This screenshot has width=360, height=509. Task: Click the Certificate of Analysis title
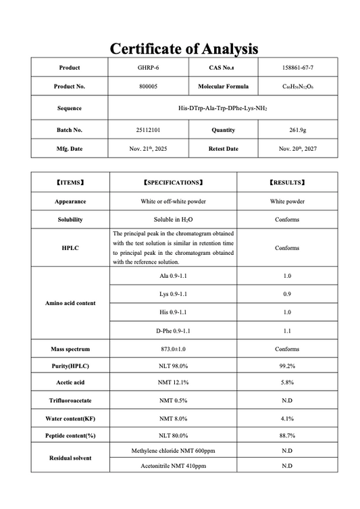coord(184,49)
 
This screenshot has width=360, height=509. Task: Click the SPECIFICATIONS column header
coord(173,183)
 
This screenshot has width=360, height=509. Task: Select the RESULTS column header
coord(287,183)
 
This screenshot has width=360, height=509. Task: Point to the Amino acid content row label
coord(70,304)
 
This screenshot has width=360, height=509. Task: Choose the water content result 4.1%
coord(287,419)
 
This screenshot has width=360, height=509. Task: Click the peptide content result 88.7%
coord(287,436)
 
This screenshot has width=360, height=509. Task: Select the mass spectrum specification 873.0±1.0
coord(173,349)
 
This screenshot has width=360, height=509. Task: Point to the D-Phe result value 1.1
coord(287,331)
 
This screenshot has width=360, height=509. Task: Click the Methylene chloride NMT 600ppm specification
coord(173,450)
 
